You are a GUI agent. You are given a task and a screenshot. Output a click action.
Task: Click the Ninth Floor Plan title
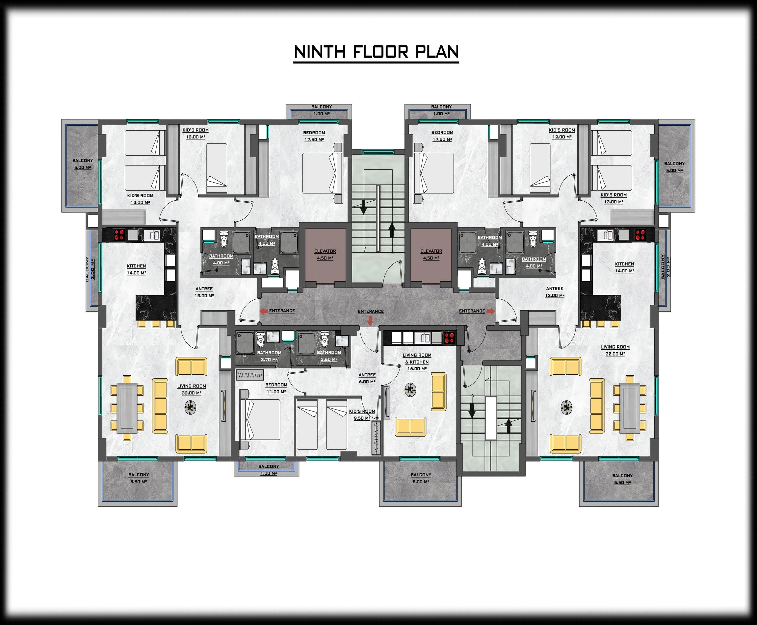pos(376,52)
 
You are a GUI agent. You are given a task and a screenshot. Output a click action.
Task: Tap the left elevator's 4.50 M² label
pos(325,258)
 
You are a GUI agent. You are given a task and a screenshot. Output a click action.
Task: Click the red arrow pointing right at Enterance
pos(490,311)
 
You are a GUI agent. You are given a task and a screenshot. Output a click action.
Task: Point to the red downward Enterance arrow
pos(370,320)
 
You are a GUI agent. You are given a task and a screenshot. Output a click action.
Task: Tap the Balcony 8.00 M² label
pos(421,478)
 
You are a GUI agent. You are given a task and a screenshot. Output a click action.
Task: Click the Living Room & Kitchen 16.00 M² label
pos(417,362)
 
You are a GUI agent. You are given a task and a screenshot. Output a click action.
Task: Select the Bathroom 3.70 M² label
pos(269,356)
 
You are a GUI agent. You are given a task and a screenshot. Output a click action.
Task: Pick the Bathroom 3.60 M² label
pos(329,356)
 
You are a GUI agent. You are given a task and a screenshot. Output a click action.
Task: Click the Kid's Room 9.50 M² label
pos(362,415)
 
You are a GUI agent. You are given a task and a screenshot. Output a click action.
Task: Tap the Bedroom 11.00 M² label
pos(276,388)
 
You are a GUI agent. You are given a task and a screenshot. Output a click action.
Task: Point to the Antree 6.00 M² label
pos(367,378)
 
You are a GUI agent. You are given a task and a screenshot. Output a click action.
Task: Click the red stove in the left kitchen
pos(119,235)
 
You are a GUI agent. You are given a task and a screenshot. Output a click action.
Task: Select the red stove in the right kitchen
pos(640,235)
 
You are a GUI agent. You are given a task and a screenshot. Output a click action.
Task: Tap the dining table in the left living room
pos(127,408)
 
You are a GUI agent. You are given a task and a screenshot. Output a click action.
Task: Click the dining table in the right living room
pos(630,408)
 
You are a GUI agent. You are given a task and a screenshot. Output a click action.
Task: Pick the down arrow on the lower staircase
pos(472,411)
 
